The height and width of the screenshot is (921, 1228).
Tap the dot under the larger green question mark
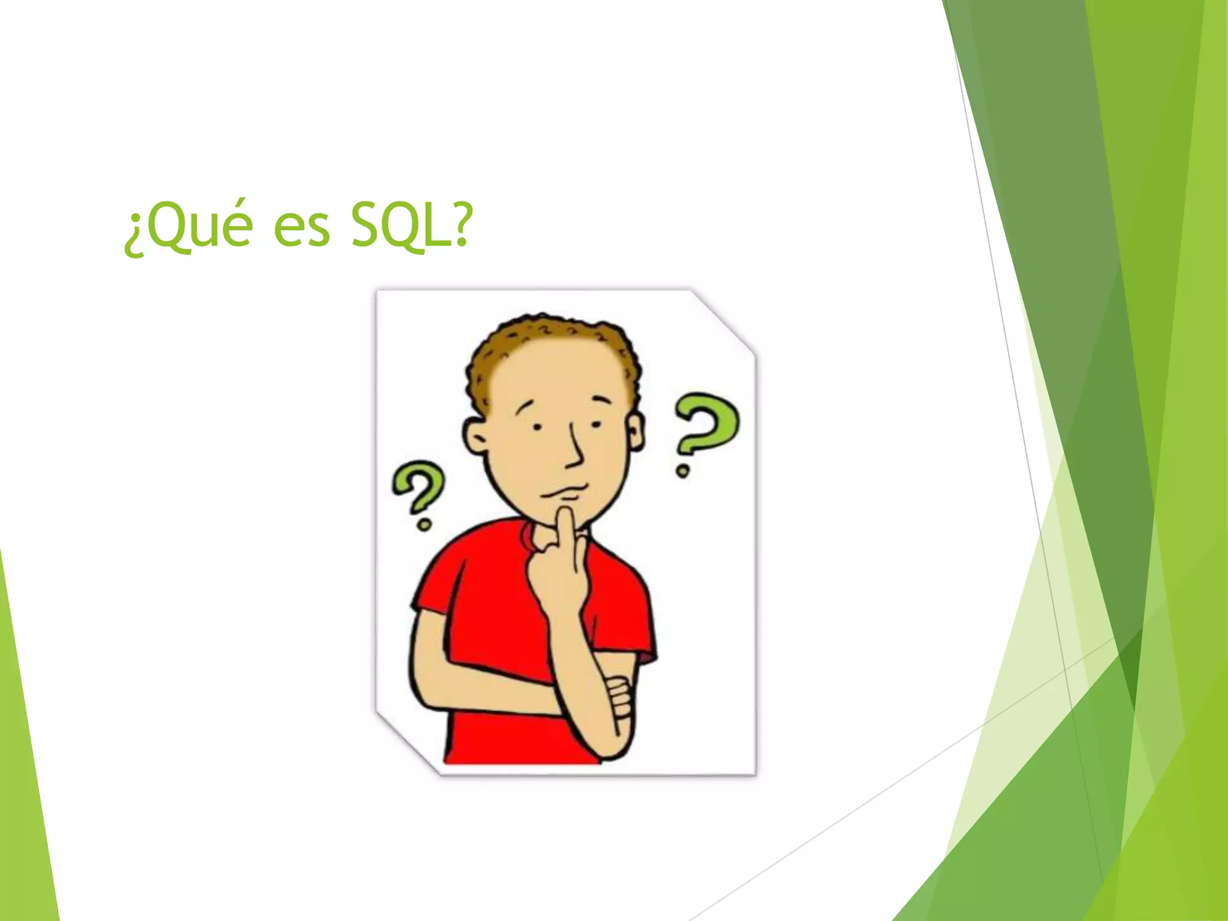coord(682,471)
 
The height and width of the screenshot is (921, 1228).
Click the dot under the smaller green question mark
coord(424,526)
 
